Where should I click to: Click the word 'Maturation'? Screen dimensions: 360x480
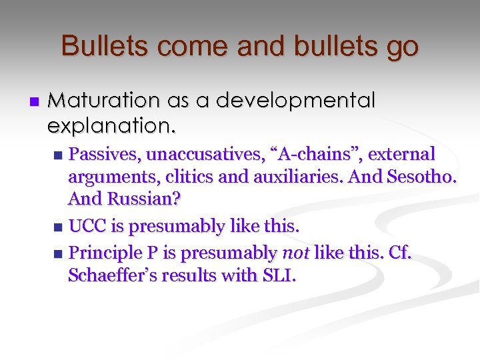[x=104, y=101]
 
